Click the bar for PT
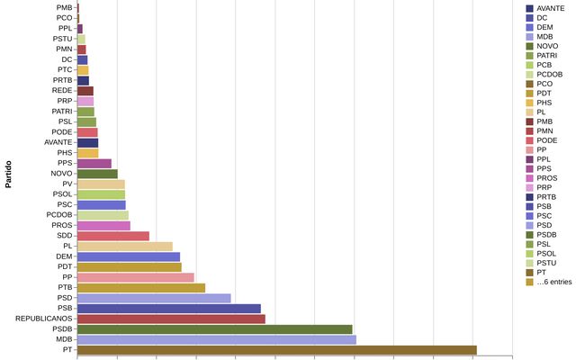(276, 350)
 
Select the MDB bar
(216, 339)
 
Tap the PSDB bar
(214, 329)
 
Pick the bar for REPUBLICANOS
(171, 319)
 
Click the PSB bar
(168, 309)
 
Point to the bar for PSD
(154, 298)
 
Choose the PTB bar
(141, 288)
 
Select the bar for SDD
(113, 236)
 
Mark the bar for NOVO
(97, 174)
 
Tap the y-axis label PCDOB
(59, 215)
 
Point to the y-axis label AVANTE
(58, 142)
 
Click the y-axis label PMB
(64, 7)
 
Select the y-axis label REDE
(62, 91)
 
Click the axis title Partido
(8, 174)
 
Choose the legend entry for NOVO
(547, 46)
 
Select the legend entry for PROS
(547, 178)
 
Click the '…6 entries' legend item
(553, 282)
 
